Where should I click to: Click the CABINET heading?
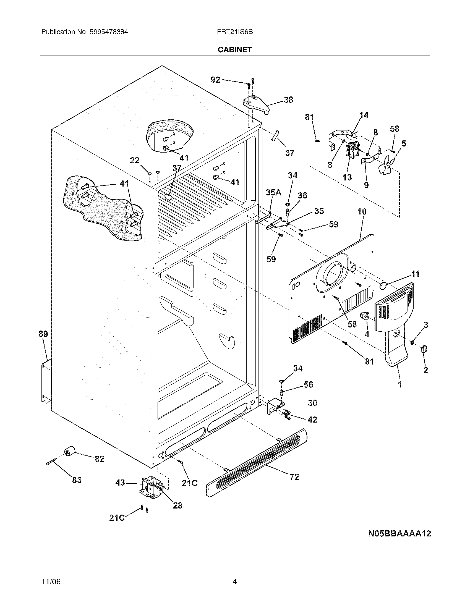(x=234, y=49)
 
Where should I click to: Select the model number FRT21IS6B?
(x=234, y=32)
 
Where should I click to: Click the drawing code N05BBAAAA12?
(x=399, y=534)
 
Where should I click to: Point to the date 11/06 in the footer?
(x=51, y=572)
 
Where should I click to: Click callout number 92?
(x=215, y=80)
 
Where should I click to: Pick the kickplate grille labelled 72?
(x=256, y=462)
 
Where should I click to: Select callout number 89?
(x=43, y=334)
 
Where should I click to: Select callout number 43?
(x=120, y=483)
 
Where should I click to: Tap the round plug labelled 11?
(x=384, y=285)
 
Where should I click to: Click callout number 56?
(x=308, y=384)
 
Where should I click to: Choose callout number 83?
(x=77, y=480)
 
